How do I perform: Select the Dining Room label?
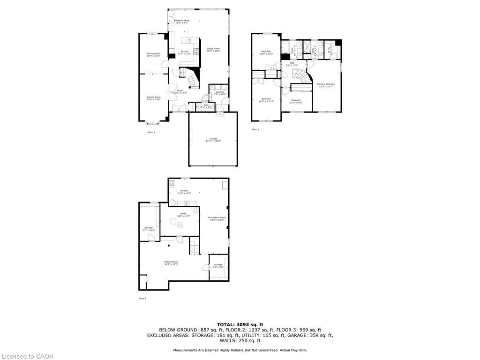click(153, 54)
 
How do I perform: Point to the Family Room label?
click(153, 98)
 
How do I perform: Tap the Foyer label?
click(180, 91)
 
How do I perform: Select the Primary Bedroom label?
click(326, 85)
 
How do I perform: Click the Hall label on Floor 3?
click(292, 64)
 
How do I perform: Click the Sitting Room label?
click(171, 263)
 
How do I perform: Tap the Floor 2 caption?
click(151, 132)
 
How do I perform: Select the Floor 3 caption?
click(255, 129)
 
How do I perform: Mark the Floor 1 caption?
click(142, 298)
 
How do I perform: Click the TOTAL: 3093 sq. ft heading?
click(240, 324)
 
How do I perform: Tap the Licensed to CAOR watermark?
click(27, 356)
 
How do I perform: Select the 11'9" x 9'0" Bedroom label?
click(296, 101)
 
